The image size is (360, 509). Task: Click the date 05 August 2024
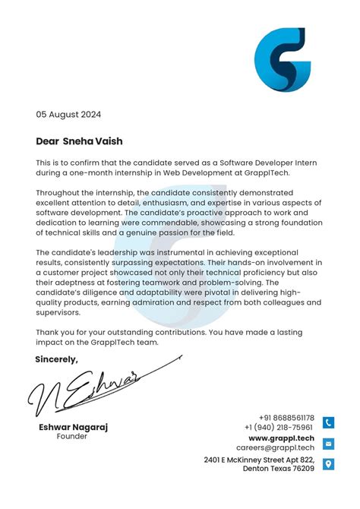point(68,115)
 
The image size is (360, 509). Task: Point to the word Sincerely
point(56,359)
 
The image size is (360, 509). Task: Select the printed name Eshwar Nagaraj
point(73,427)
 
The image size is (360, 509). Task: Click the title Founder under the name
point(72,437)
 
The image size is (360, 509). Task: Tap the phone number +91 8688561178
point(286,418)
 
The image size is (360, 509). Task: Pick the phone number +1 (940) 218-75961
point(279,428)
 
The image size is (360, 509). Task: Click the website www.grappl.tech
point(281,438)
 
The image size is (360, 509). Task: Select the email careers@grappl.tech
point(279,448)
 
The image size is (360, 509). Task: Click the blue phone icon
point(328,423)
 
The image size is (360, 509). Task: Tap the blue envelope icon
point(328,444)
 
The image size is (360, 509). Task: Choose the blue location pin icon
point(328,464)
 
